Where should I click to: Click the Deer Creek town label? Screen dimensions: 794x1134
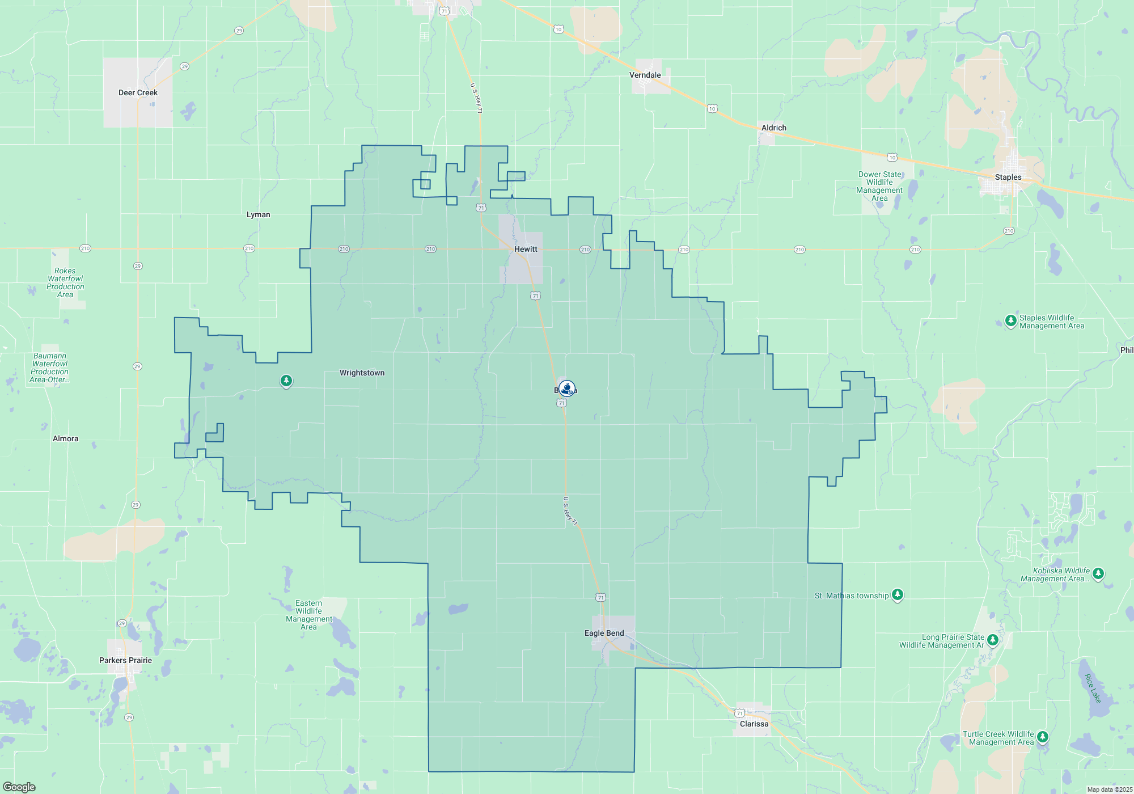click(x=138, y=92)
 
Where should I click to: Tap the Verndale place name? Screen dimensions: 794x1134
click(x=645, y=75)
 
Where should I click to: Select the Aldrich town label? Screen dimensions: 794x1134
click(x=773, y=128)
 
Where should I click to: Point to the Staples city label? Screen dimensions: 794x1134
click(x=1008, y=177)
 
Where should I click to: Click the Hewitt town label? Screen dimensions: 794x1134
click(x=526, y=249)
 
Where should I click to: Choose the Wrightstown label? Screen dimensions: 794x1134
click(x=362, y=373)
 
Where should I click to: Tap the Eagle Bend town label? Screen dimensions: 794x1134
click(x=604, y=633)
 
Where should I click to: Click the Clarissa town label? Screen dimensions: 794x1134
click(x=754, y=724)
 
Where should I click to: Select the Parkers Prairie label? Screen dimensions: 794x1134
click(x=125, y=660)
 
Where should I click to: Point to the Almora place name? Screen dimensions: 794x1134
click(x=65, y=438)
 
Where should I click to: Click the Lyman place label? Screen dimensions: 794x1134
click(x=258, y=214)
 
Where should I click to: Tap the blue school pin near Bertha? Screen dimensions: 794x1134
click(x=566, y=388)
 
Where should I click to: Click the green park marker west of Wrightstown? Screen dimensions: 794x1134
click(x=286, y=381)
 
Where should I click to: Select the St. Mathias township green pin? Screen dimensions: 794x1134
click(x=897, y=594)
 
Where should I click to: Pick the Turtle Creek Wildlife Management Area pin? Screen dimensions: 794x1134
click(x=1042, y=737)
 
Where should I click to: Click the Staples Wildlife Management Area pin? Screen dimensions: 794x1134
click(x=1010, y=321)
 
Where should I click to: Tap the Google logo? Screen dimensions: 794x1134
click(x=19, y=787)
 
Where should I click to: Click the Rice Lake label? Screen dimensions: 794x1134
click(x=1092, y=688)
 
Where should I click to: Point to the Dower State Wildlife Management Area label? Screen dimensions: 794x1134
click(x=879, y=186)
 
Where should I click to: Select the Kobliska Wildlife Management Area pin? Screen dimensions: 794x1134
click(x=1098, y=573)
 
